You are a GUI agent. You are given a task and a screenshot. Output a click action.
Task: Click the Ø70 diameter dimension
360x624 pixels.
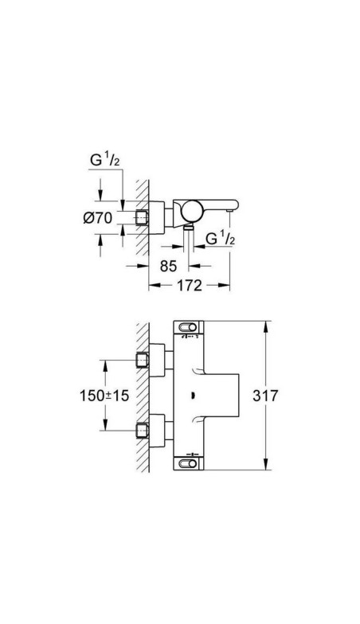coord(99,217)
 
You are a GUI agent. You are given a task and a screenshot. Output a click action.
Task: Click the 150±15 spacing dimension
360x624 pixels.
coord(104,396)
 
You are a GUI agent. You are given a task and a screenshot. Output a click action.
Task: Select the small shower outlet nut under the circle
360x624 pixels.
coord(188,228)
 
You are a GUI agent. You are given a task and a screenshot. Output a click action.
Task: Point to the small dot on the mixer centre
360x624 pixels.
coord(196,395)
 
